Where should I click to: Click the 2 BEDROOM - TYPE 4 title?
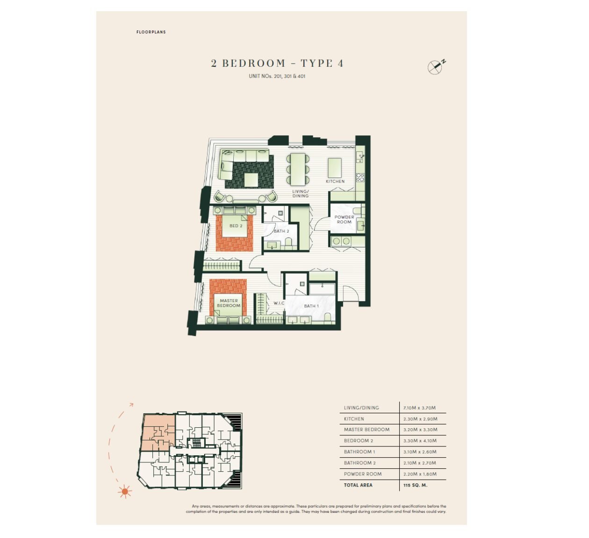pos(277,63)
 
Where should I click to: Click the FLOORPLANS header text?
pos(151,32)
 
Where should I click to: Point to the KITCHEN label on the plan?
pos(335,181)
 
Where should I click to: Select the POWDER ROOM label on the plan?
pos(344,219)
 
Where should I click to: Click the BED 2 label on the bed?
pos(236,226)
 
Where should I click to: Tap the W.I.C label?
pos(279,303)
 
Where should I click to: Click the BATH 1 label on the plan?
pos(311,306)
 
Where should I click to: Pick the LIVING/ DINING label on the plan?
pos(301,193)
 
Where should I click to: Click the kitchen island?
pos(335,168)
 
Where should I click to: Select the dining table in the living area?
pos(298,169)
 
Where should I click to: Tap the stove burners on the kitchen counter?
pos(360,177)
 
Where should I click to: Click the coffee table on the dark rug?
pos(251,180)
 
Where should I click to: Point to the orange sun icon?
pos(125,491)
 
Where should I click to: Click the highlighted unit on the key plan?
pos(158,432)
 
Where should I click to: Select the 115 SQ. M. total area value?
pos(415,485)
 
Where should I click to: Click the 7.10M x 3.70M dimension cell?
pos(419,408)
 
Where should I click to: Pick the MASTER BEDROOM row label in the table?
pos(366,430)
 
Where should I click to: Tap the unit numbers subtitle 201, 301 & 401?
pos(277,76)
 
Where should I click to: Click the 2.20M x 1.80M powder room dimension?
pos(420,474)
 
